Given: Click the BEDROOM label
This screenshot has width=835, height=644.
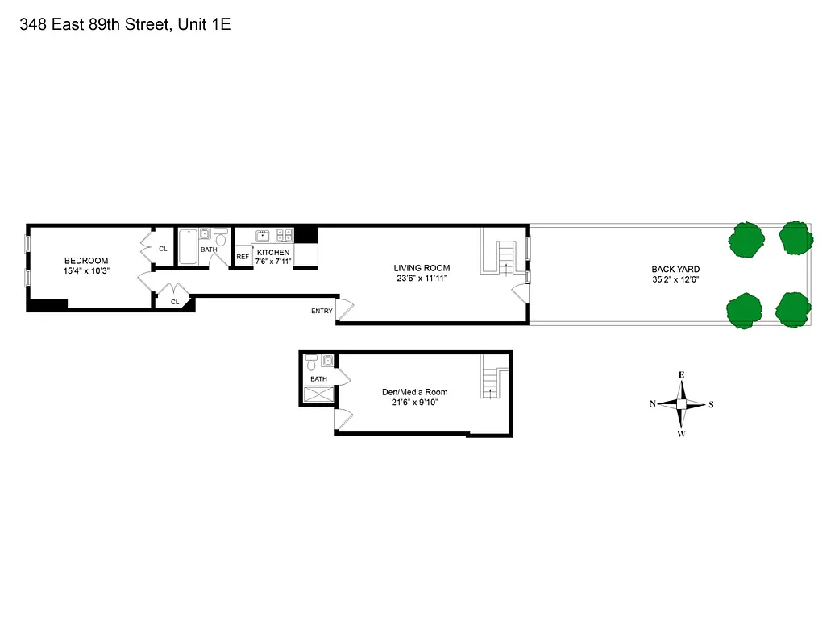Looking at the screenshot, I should pyautogui.click(x=86, y=260).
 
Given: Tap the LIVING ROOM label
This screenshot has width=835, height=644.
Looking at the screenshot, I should pyautogui.click(x=422, y=268).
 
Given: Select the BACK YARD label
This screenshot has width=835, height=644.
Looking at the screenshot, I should pyautogui.click(x=675, y=270).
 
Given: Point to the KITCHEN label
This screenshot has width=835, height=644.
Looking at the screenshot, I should pyautogui.click(x=273, y=252).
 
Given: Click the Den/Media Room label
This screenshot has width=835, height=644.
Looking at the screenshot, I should pyautogui.click(x=414, y=392).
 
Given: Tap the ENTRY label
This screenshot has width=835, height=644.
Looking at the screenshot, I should pyautogui.click(x=322, y=311).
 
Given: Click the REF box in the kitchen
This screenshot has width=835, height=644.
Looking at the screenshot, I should pyautogui.click(x=243, y=258).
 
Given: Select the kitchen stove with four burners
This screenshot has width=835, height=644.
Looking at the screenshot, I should pyautogui.click(x=285, y=236).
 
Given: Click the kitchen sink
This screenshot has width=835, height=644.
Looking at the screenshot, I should pyautogui.click(x=263, y=236).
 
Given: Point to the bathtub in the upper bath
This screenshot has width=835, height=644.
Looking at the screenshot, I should pyautogui.click(x=187, y=247).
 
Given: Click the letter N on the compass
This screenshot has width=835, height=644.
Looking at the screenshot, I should pyautogui.click(x=653, y=404).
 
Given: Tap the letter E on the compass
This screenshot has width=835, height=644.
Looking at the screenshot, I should pyautogui.click(x=681, y=375).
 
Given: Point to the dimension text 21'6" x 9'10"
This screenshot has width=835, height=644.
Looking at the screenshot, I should pyautogui.click(x=414, y=403).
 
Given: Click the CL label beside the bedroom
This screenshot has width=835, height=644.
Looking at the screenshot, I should pyautogui.click(x=163, y=249).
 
